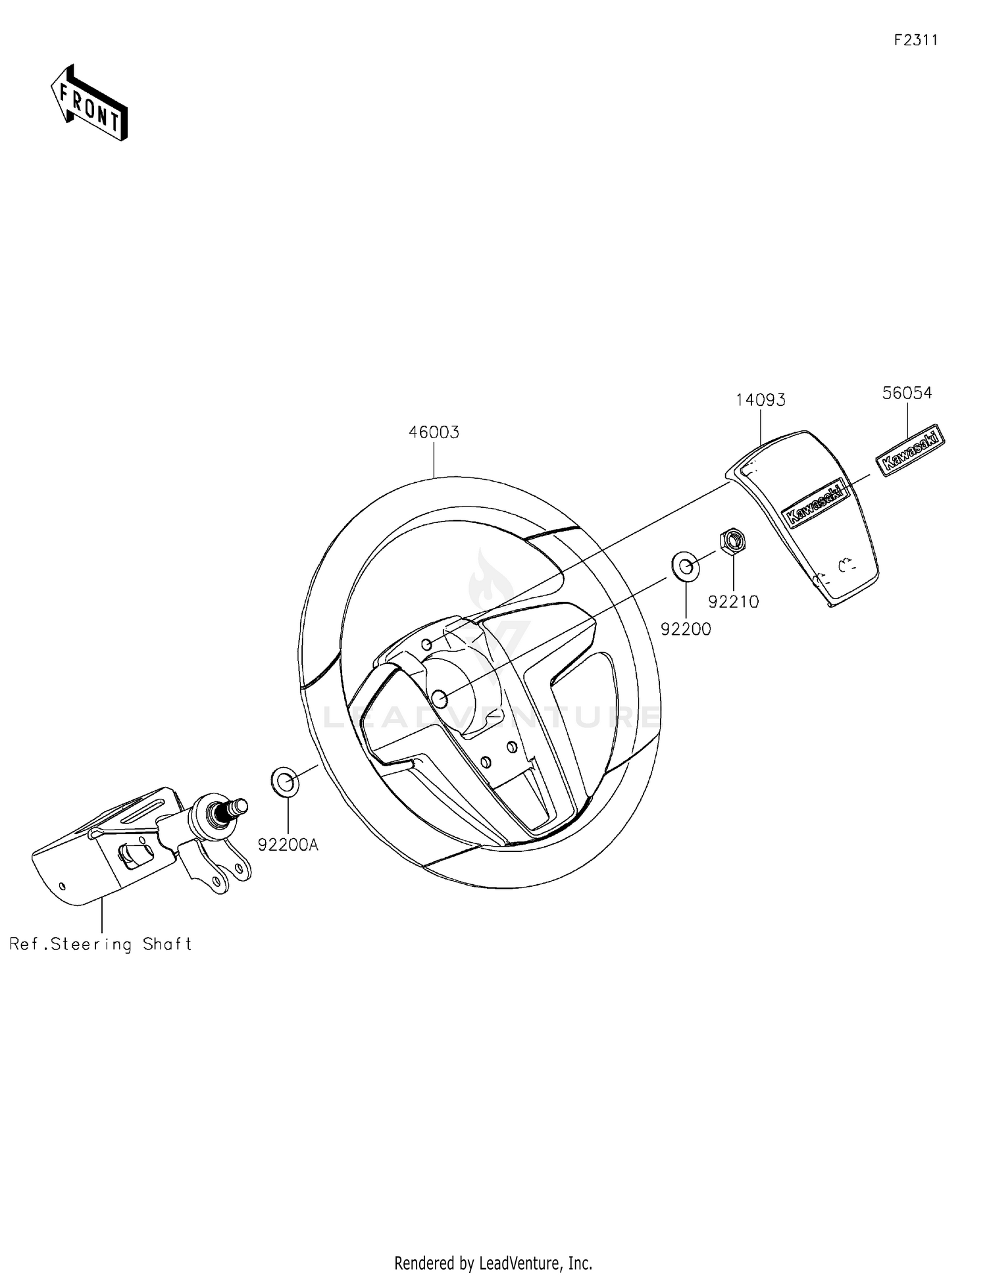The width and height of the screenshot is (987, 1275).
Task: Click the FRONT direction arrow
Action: [89, 103]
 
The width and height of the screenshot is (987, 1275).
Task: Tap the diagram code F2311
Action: [915, 40]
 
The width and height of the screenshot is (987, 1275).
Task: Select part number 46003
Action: [434, 433]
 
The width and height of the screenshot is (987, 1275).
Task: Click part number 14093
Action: [760, 400]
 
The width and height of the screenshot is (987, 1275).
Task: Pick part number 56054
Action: [907, 393]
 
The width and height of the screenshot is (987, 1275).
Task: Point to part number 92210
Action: [733, 601]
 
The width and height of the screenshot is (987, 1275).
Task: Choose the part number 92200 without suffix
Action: [686, 630]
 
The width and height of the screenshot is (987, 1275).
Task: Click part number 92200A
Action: [288, 845]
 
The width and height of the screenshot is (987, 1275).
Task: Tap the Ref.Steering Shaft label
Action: [101, 945]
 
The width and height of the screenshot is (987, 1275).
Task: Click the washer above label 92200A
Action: [284, 781]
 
